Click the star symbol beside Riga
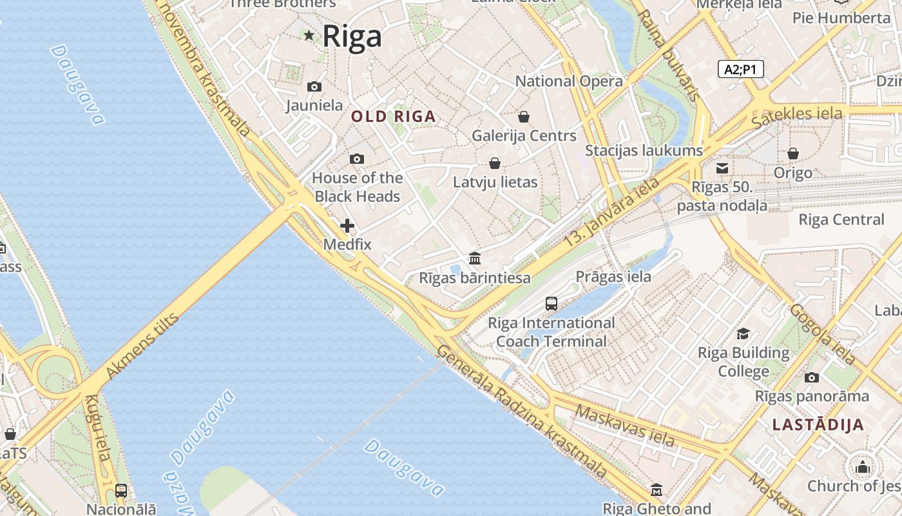309,35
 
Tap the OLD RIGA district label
394,117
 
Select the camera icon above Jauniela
314,86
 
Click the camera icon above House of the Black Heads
356,159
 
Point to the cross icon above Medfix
347,226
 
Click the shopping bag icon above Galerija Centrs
524,117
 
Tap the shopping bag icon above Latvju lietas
495,163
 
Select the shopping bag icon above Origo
793,154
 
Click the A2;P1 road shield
740,69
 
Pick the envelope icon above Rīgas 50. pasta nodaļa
722,168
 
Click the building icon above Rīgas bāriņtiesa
475,259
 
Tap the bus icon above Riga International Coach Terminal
552,304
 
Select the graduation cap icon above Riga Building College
744,334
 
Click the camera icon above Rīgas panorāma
812,377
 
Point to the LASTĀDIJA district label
818,425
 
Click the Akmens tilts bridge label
141,346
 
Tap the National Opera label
569,81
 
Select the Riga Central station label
841,219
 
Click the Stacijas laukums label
644,150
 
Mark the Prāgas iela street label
613,277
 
